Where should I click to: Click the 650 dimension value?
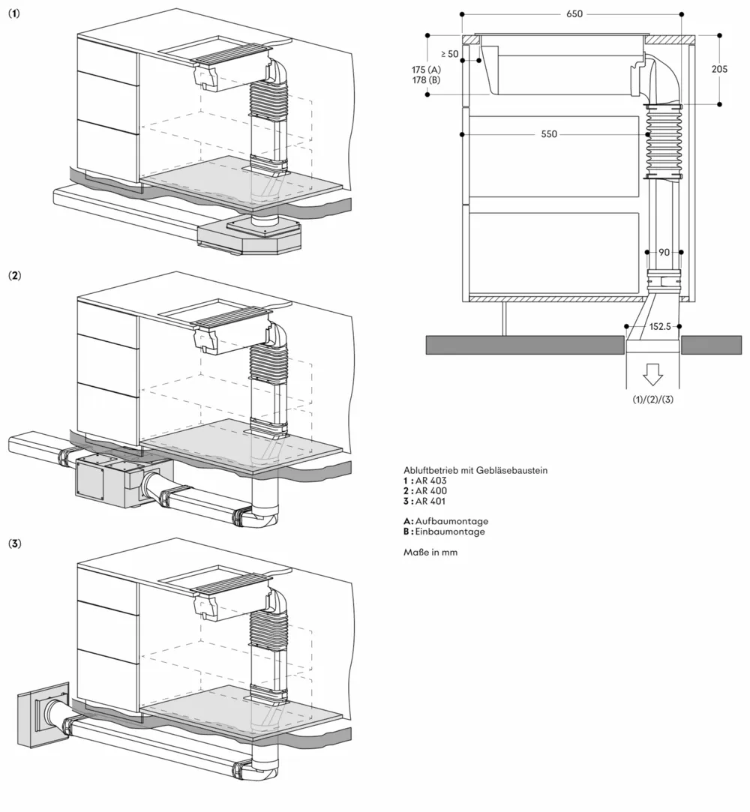[x=574, y=14]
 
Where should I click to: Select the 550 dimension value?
[x=549, y=134]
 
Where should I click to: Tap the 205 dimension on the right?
[x=719, y=68]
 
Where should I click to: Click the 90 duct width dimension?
[x=663, y=253]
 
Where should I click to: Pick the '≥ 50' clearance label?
[x=449, y=54]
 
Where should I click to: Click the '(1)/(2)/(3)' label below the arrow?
[x=652, y=399]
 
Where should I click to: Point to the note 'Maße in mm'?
[x=430, y=553]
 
